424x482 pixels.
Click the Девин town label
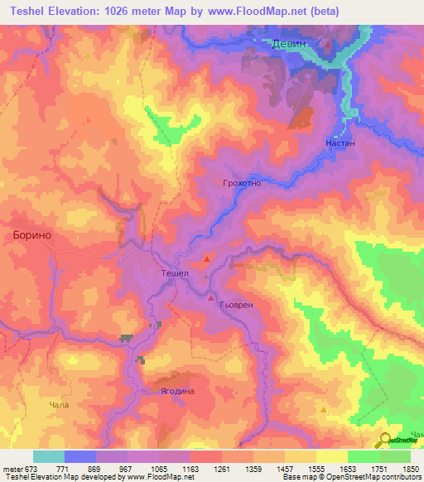click(x=290, y=45)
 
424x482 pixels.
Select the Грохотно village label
click(x=242, y=183)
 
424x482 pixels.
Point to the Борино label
click(x=32, y=235)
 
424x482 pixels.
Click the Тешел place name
click(x=175, y=274)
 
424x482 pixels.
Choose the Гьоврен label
click(x=234, y=305)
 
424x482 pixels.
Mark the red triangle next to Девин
click(x=329, y=44)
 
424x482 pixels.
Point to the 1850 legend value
click(x=408, y=468)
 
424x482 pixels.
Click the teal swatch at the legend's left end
click(x=48, y=456)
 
